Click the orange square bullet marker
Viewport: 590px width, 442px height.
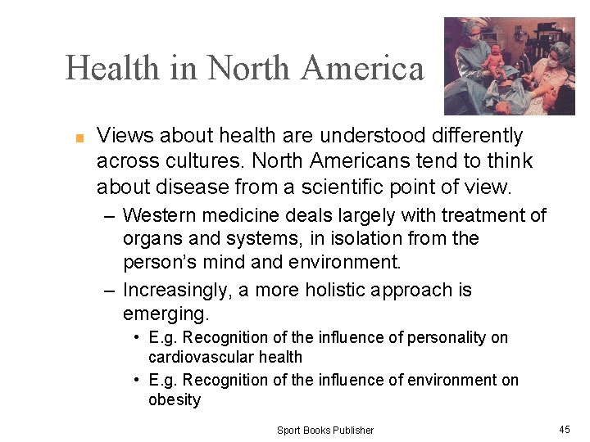tap(80, 138)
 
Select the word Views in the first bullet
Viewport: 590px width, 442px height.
tap(122, 135)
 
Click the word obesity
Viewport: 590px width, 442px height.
tap(175, 399)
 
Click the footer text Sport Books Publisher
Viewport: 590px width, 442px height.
tap(324, 430)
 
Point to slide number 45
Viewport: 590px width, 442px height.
tap(565, 429)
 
